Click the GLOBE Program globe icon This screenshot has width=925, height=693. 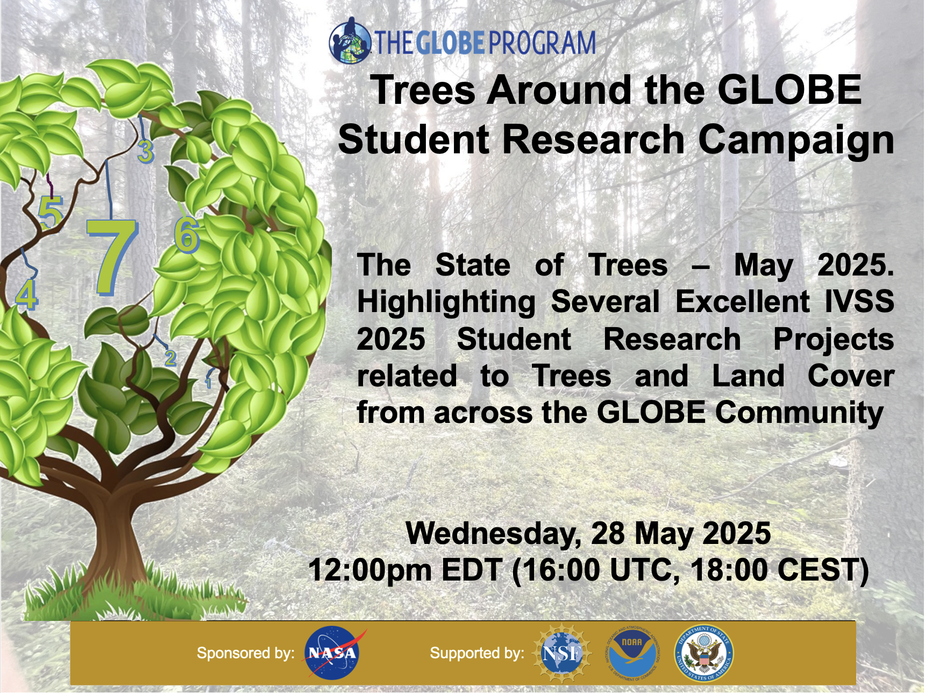[x=350, y=41]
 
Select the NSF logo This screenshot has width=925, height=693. [x=561, y=653]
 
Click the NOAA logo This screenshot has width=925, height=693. [x=632, y=653]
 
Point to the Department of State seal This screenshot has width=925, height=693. [x=704, y=653]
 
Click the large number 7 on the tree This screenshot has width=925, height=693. [x=112, y=257]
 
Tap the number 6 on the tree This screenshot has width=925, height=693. [x=187, y=235]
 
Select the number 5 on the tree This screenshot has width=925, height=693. [x=51, y=212]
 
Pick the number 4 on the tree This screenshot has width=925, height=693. [x=27, y=294]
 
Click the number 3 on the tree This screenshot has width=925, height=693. [x=146, y=151]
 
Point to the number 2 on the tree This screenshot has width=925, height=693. [x=170, y=358]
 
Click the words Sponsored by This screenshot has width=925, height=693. [x=245, y=653]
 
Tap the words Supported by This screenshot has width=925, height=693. [x=477, y=653]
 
